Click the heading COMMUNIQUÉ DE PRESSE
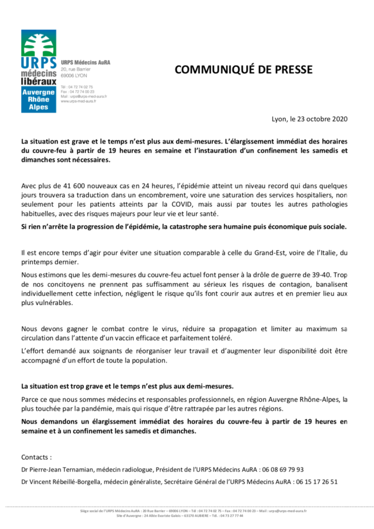pos(243,70)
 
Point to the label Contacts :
pos(37,457)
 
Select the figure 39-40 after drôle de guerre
pos(322,275)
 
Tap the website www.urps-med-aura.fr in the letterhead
pos(78,101)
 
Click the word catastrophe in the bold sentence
pos(196,227)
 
